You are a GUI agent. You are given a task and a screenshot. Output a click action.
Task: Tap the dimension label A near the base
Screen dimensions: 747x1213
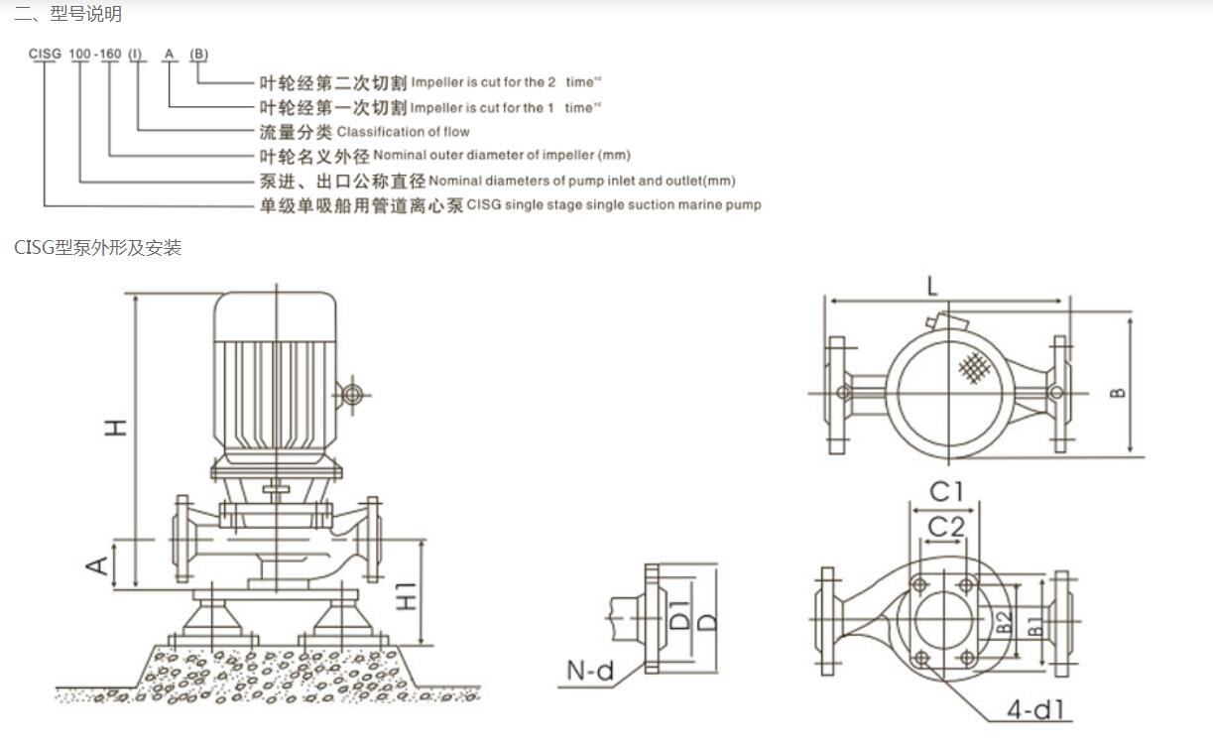tap(98, 564)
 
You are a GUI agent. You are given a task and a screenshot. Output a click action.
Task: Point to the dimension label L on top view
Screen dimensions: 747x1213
tap(932, 287)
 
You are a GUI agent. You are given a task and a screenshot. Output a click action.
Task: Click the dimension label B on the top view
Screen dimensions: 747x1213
tap(1118, 392)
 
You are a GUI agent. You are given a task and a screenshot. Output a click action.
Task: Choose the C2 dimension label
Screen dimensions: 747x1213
tap(945, 526)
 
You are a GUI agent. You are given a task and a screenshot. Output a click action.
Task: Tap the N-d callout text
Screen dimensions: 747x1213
tap(590, 672)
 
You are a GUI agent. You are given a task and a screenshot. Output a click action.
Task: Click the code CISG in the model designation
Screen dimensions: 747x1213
tap(45, 53)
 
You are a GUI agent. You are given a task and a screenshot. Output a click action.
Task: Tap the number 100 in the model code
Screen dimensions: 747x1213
tap(80, 53)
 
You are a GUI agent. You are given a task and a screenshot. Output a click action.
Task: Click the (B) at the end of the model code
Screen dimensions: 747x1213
tap(198, 53)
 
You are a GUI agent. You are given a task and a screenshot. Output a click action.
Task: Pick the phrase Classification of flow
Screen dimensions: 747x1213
tap(403, 132)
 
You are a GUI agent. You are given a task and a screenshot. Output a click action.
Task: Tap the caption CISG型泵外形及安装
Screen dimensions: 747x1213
tap(97, 247)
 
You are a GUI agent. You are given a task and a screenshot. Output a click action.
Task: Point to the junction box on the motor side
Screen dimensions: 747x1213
tap(350, 395)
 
